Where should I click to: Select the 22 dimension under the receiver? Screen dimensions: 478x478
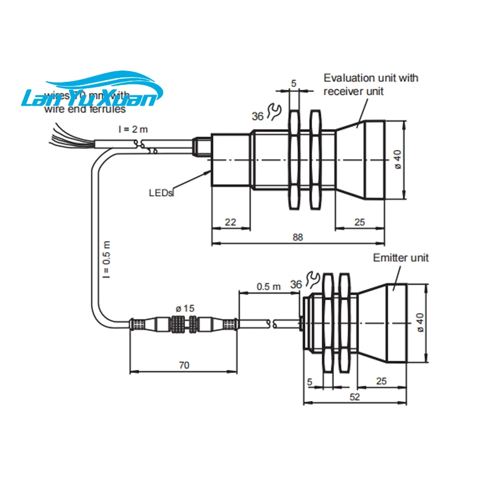[x=230, y=223]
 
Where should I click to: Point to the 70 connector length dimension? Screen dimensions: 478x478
[x=184, y=365]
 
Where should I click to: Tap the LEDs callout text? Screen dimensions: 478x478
[x=160, y=193]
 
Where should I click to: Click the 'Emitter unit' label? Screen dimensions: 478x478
[x=400, y=258]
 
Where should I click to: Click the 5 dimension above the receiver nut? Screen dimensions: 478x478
[x=293, y=83]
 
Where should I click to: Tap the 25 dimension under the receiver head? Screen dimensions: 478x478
[x=360, y=223]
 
